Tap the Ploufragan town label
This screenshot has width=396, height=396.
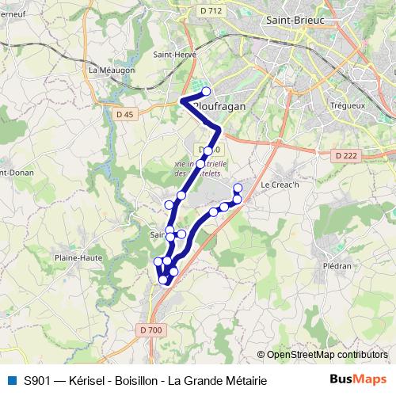217,104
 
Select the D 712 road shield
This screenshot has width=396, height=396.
211,10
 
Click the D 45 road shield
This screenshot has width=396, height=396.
124,114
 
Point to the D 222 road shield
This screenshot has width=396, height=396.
345,156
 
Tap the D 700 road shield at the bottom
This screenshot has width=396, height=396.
150,329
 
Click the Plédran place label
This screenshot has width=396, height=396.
338,266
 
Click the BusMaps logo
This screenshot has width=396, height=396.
358,380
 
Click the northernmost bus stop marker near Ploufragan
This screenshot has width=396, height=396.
206,92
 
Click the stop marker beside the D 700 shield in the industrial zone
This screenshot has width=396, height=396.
208,150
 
